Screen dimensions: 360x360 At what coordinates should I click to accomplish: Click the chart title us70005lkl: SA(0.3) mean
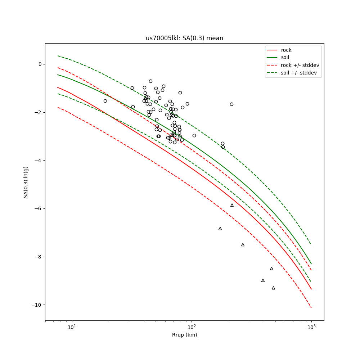coord(184,38)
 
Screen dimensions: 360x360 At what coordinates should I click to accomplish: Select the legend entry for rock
coord(286,50)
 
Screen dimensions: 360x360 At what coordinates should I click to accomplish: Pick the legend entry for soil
coord(285,58)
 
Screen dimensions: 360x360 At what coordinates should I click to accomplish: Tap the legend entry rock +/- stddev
coord(300,65)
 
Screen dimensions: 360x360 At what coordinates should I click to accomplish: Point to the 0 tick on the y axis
coord(40,64)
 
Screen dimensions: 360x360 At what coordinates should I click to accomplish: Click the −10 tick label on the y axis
coord(37,305)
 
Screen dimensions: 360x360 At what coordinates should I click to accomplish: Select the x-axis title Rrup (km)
coord(184,335)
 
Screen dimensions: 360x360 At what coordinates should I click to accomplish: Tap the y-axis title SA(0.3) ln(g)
coord(26,182)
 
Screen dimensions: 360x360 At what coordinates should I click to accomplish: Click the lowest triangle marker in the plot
coord(273,288)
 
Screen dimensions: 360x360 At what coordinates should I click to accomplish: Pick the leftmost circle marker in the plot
coord(105,101)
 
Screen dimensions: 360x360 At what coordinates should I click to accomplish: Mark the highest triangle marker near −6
coord(232,205)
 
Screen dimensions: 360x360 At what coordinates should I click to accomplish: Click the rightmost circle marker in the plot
coord(231,104)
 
